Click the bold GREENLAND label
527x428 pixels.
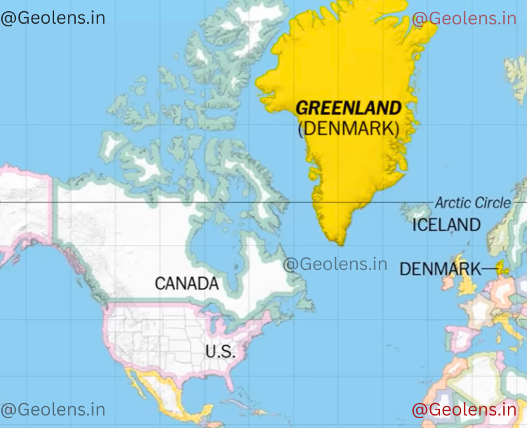[348, 108]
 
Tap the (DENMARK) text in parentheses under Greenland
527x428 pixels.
[348, 128]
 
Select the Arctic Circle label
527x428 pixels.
[472, 203]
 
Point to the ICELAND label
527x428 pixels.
[446, 225]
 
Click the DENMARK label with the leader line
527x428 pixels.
[440, 269]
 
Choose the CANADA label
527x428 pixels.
[186, 284]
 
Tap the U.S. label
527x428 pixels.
[219, 352]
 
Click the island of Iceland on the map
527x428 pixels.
[416, 211]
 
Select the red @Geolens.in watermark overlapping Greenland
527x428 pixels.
[464, 18]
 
